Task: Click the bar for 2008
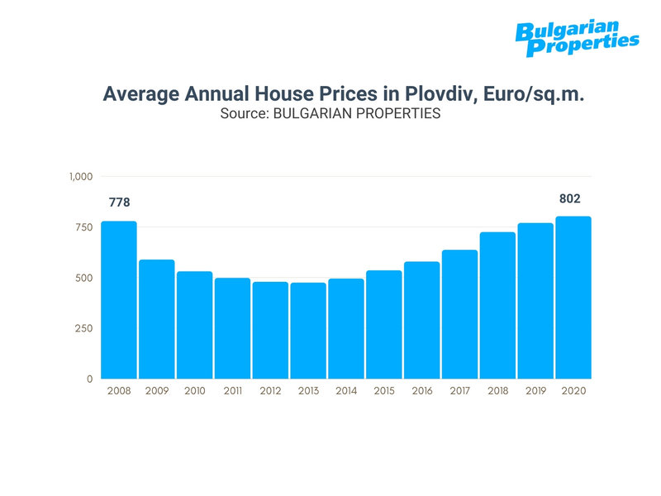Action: coord(119,299)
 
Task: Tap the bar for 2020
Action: coord(573,298)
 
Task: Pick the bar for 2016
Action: coord(422,320)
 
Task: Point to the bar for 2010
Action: coord(194,325)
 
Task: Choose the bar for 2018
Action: coord(498,305)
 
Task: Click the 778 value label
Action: coord(119,203)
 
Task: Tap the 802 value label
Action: coord(570,198)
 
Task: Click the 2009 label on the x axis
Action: coord(156,391)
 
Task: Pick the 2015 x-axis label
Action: coord(383,391)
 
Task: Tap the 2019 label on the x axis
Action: coord(535,391)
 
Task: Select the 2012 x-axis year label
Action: coord(270,391)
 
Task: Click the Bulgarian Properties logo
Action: coord(577,38)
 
